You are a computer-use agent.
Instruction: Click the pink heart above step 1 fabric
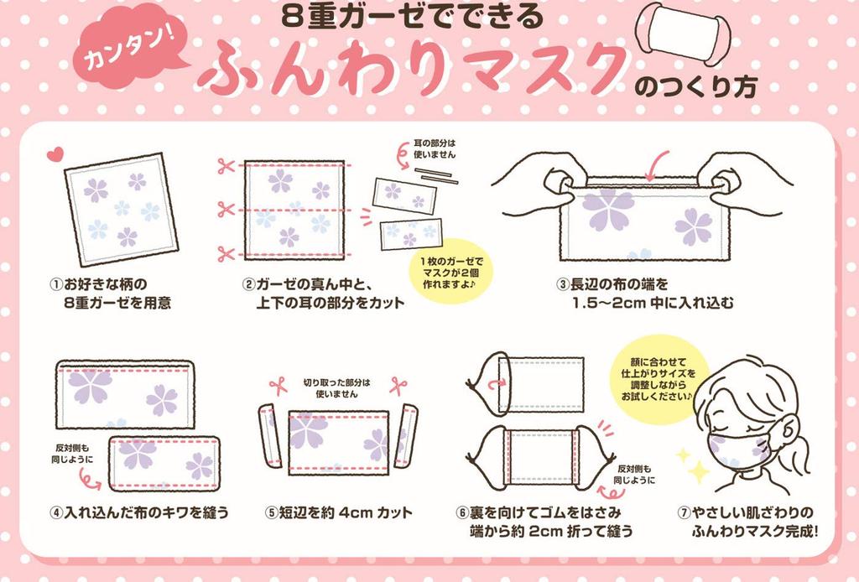coord(55,153)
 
